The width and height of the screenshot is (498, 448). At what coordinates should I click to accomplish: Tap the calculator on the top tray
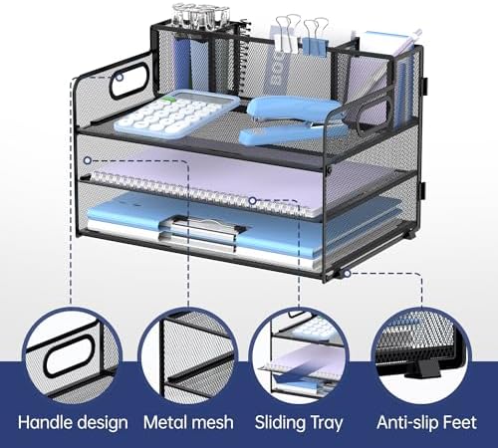176,113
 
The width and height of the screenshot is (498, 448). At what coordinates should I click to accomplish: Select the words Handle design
73,423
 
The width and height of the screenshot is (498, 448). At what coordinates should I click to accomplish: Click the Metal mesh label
188,422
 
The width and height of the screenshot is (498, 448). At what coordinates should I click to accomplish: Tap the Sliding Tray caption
299,423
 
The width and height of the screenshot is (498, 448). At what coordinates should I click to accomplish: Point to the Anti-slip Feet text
426,422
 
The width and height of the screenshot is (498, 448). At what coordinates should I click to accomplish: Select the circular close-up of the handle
72,356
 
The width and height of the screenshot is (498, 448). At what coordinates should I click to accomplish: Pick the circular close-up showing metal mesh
188,356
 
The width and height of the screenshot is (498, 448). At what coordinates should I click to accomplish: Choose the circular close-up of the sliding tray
299,356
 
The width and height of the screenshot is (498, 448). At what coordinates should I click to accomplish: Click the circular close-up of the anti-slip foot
420,356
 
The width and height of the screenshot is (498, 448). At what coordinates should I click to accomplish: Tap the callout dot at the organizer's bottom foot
347,274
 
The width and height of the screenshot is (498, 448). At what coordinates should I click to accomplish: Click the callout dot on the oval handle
120,78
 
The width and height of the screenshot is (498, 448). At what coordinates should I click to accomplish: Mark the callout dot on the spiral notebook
253,200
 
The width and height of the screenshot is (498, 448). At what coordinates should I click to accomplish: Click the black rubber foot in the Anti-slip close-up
422,369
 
